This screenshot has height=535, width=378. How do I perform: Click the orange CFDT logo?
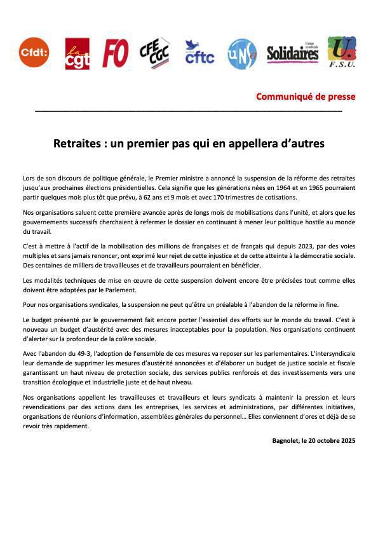(34, 52)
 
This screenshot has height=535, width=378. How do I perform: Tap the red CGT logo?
(77, 53)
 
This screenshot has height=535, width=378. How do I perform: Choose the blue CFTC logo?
(199, 53)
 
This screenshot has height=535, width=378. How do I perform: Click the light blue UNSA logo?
(241, 53)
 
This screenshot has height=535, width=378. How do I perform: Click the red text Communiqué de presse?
(306, 97)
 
